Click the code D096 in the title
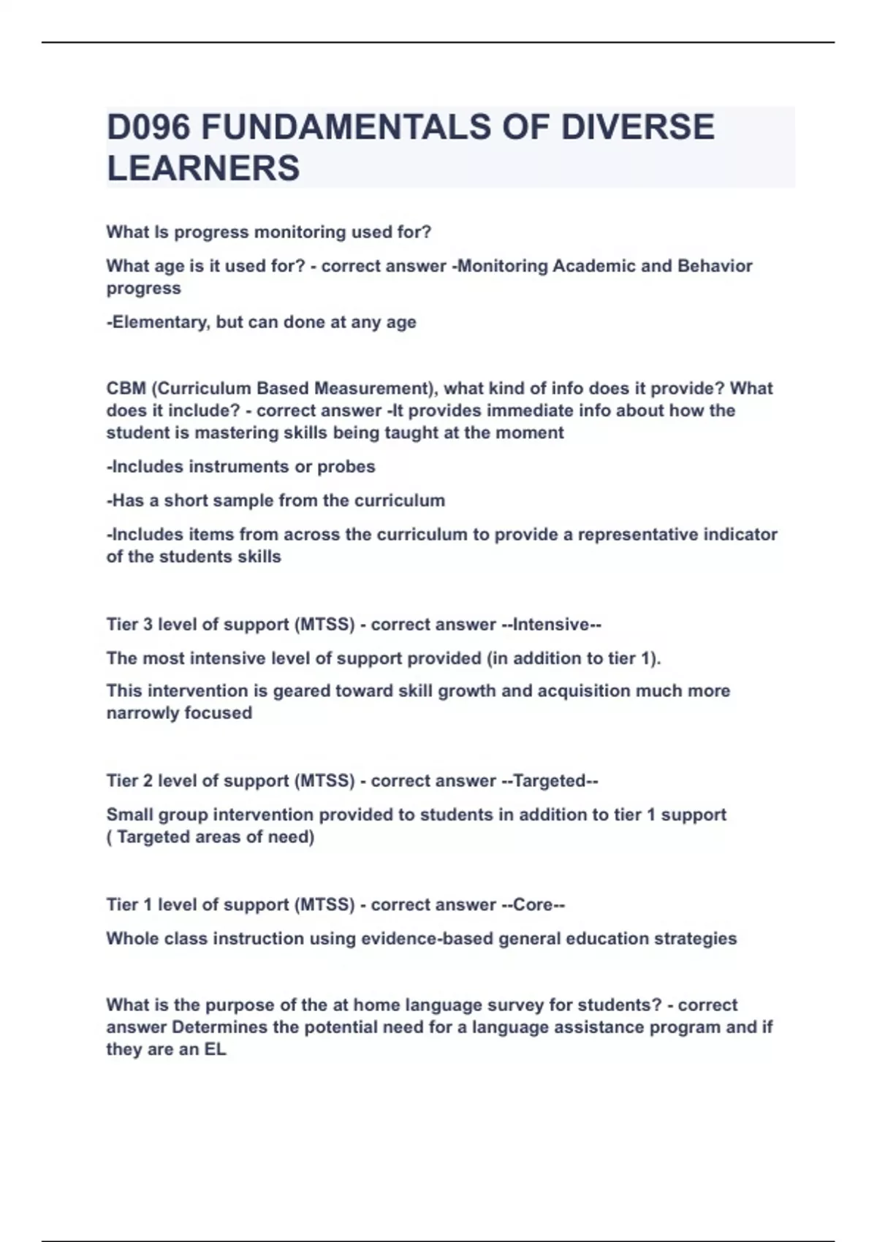pos(148,127)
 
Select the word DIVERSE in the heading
pos(637,127)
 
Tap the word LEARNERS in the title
pos(203,168)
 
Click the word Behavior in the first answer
pos(715,266)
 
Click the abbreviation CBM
pos(126,388)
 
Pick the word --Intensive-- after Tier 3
pos(551,625)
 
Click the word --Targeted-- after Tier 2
pos(550,781)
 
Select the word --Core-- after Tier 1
pos(533,905)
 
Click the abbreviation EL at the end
pos(215,1050)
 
